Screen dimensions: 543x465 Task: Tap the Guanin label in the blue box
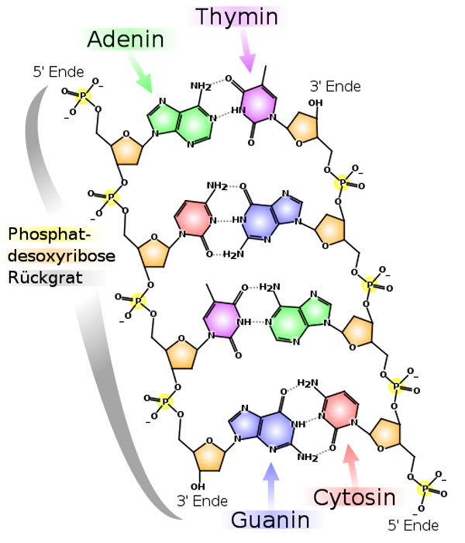pyautogui.click(x=270, y=521)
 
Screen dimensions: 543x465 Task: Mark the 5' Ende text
pyautogui.click(x=413, y=525)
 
